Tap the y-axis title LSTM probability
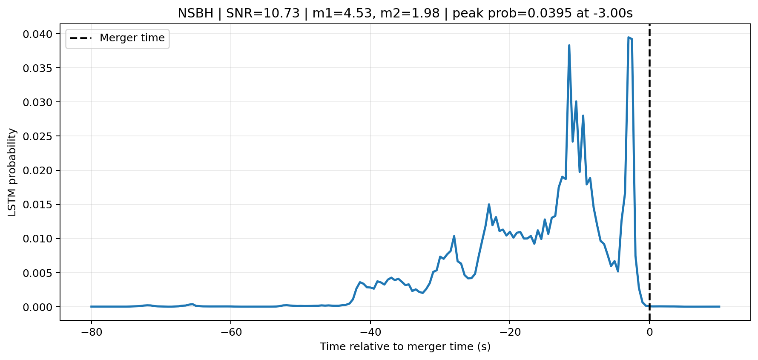13,172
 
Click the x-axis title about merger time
405,347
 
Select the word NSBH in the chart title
195,14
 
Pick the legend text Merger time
132,38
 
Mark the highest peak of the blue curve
629,37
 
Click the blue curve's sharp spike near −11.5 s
569,45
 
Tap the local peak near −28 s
454,236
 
